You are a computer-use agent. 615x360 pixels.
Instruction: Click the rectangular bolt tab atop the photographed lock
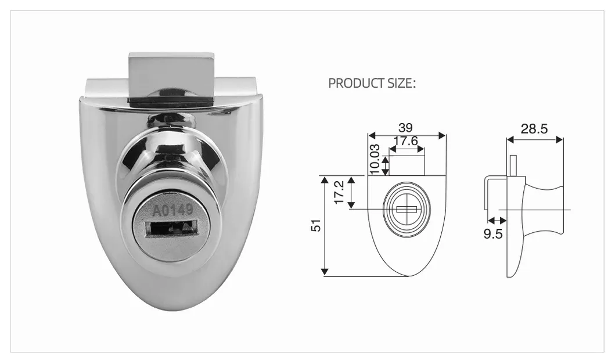pos(171,79)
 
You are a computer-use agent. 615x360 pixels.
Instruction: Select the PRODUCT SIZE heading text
pos(372,83)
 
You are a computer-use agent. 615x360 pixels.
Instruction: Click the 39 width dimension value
pos(407,127)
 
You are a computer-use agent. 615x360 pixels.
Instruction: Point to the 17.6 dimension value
pos(406,141)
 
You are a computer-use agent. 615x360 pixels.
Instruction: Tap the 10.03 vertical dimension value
pos(375,159)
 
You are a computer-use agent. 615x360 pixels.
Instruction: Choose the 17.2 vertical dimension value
pos(339,192)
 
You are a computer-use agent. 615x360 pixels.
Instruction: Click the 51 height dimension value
pos(315,225)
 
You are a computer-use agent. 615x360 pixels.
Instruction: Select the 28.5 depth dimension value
pos(534,129)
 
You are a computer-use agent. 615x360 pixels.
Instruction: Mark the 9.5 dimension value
pos(495,234)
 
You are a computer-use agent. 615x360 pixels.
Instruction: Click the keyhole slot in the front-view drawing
pos(407,209)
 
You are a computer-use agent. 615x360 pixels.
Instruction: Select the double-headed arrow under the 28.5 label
pos(534,139)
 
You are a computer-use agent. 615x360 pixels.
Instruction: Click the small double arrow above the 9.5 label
pos(495,221)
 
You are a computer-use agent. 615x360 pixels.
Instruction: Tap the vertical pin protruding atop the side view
pos(513,165)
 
